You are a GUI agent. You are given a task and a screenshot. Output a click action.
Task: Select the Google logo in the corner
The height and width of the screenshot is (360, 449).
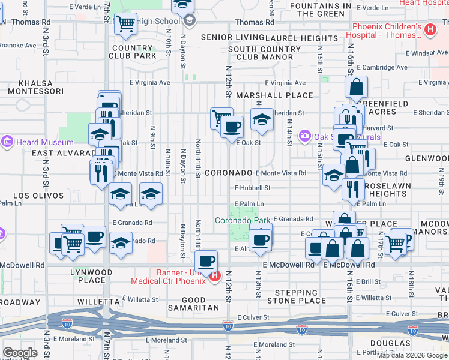coord(20,352)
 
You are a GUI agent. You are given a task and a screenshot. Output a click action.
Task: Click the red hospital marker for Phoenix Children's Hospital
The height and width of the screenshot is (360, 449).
coord(430,29)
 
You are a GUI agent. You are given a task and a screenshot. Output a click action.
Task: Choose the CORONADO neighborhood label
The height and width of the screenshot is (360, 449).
coord(228,173)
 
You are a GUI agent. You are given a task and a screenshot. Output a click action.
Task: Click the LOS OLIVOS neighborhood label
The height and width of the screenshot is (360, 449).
coord(38,196)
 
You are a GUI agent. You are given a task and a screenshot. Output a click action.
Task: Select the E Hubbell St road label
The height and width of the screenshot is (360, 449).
coord(252,187)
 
